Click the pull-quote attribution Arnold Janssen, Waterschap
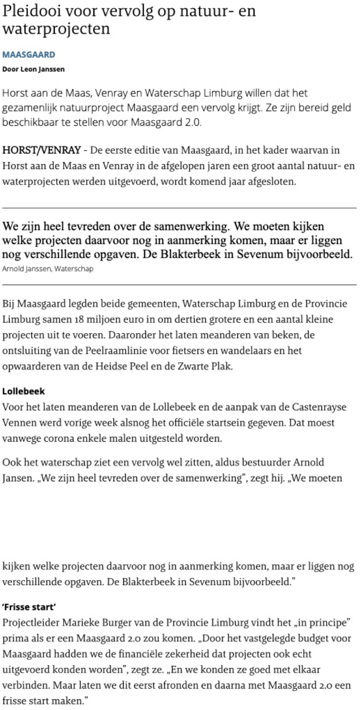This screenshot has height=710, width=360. pyautogui.click(x=48, y=269)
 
